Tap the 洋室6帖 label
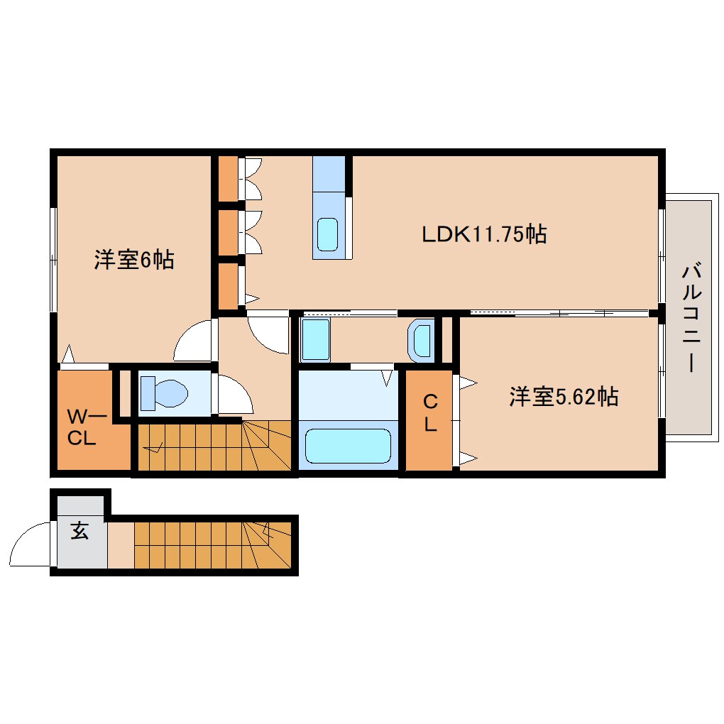134,260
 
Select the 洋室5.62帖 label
563,396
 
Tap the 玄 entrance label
79,531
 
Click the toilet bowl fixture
164,393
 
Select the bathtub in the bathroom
348,445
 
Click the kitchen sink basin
328,234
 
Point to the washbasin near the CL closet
422,341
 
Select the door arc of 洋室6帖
193,341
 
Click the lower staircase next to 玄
212,544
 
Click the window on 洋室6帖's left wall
53,259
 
